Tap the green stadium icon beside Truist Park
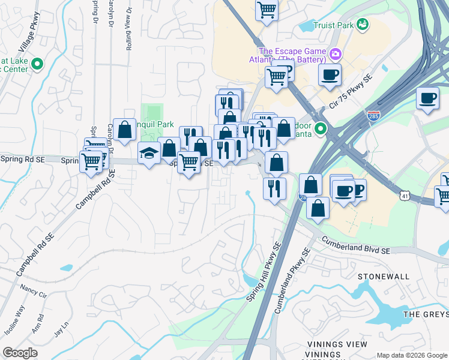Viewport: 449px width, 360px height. pos(362,24)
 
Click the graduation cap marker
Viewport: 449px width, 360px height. pos(148,154)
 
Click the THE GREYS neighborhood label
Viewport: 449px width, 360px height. pos(426,314)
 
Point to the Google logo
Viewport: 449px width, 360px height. pos(20,353)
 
